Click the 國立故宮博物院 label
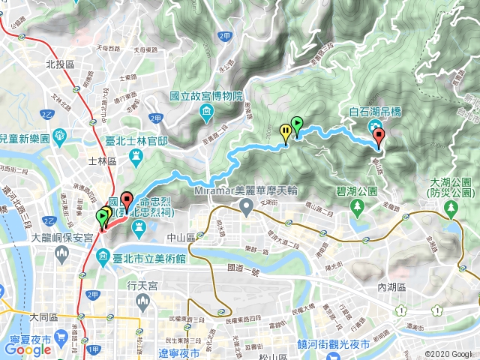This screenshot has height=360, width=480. (x=206, y=97)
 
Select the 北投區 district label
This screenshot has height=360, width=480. (x=58, y=65)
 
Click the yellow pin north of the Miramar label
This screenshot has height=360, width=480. (x=286, y=132)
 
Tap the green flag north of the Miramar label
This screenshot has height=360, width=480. (x=296, y=125)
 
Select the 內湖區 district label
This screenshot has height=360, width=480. (x=391, y=287)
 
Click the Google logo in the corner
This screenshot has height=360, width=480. (x=27, y=349)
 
